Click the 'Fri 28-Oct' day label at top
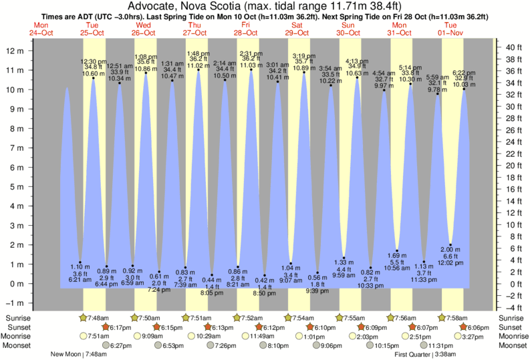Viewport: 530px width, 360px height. pos(245,28)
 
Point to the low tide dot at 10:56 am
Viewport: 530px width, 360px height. pos(398,251)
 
